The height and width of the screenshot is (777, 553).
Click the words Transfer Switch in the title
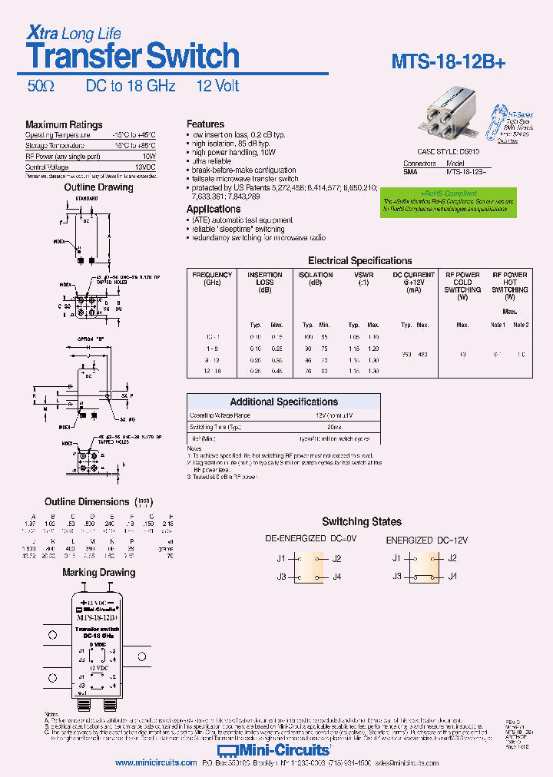133,57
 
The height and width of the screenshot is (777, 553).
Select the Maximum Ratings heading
64,124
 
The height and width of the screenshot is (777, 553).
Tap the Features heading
206,124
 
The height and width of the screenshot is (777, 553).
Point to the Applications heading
214,209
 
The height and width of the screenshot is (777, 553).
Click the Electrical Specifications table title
359,260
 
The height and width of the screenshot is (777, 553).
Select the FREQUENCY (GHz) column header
212,278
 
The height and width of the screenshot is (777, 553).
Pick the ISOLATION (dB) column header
315,278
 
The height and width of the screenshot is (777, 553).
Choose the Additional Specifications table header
283,402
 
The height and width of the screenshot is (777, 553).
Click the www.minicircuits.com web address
156,763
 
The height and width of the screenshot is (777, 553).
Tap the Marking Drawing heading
101,572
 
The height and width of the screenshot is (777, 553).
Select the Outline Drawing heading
98,187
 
